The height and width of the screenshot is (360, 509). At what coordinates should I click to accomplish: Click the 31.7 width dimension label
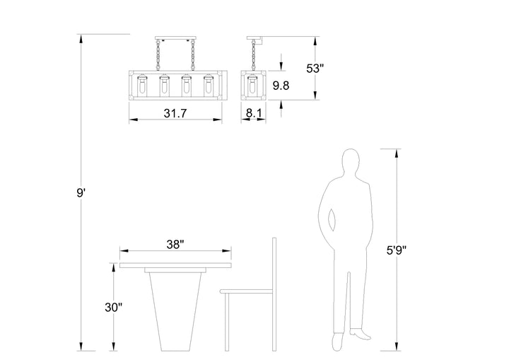click(x=175, y=112)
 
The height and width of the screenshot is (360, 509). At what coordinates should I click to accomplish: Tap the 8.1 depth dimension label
click(x=255, y=112)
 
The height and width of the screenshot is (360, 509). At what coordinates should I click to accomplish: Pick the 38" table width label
click(x=175, y=245)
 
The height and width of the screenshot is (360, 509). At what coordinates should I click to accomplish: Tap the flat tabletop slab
click(x=176, y=267)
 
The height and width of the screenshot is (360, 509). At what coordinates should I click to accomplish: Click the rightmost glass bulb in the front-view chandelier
click(x=209, y=86)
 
